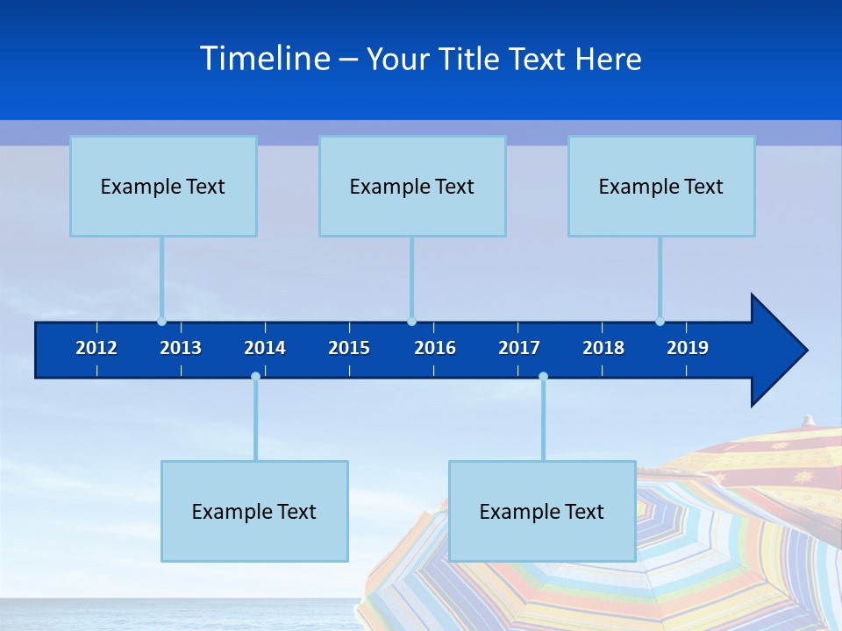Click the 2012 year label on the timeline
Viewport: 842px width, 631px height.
coord(96,348)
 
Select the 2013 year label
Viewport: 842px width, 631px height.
coord(181,348)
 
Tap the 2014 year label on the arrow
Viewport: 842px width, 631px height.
coord(265,348)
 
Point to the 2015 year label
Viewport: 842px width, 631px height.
coord(349,348)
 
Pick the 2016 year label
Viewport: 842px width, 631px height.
coord(435,348)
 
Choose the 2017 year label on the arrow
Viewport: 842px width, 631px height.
coord(519,348)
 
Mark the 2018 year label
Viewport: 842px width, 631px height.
coord(603,348)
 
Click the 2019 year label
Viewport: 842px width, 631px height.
coord(688,348)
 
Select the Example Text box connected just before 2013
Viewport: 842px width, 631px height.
coord(163,187)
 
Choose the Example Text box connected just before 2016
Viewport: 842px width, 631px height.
coord(412,187)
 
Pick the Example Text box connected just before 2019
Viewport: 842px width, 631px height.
coord(661,187)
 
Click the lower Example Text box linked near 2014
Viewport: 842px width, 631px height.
coord(254,512)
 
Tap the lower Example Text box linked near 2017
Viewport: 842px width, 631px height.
coord(542,512)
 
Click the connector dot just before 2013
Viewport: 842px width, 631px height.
coord(161,322)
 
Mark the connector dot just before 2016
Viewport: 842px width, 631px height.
coord(411,322)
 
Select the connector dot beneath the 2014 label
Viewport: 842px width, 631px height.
coord(255,377)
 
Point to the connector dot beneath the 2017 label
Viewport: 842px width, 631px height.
coord(543,377)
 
